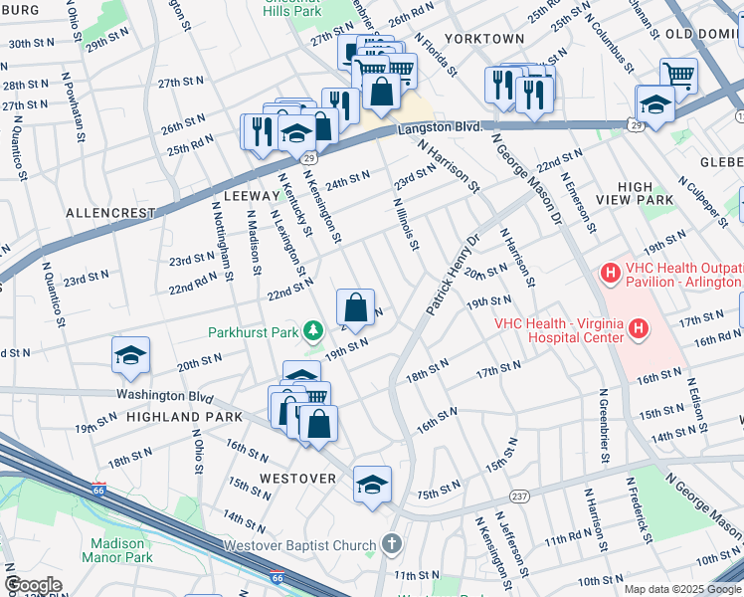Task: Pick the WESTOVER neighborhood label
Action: [298, 479]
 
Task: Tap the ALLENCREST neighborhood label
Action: [110, 213]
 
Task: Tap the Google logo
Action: [33, 585]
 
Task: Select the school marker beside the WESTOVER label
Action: [372, 486]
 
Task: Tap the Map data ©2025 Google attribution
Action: [682, 589]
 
